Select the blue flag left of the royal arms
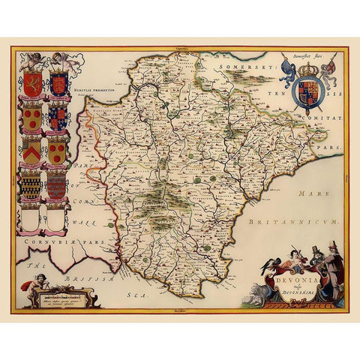tap(288, 72)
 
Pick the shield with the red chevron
tap(31, 154)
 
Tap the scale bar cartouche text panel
tap(71, 296)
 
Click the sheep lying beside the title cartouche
tap(259, 292)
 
